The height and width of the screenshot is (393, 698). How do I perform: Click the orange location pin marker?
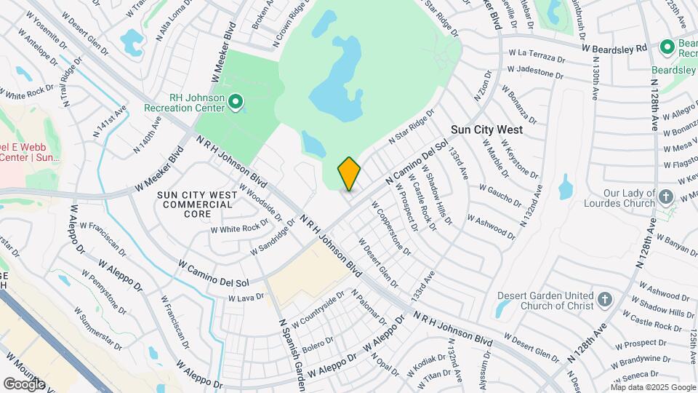[349, 173]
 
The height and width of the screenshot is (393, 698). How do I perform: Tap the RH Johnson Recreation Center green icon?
[235, 102]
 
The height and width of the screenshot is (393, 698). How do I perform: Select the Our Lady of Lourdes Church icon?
[665, 196]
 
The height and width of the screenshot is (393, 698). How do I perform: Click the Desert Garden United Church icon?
[604, 299]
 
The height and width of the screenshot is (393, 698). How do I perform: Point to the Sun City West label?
[486, 130]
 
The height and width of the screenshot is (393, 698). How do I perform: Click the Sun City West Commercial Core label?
[197, 200]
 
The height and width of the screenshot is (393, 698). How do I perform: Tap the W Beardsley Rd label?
[614, 48]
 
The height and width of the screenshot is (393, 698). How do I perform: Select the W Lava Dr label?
[245, 298]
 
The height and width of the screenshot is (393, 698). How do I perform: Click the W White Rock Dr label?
[235, 229]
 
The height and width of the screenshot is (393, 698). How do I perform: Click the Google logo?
[24, 384]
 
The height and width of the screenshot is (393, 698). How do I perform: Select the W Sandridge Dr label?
[273, 238]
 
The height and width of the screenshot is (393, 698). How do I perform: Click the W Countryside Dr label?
[318, 311]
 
